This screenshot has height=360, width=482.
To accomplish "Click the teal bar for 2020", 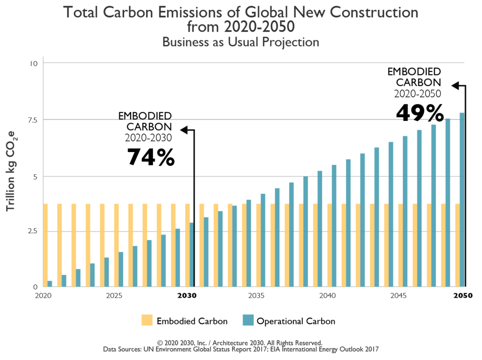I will pyautogui.click(x=50, y=283).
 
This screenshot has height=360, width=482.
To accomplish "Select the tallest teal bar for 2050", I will pyautogui.click(x=462, y=199).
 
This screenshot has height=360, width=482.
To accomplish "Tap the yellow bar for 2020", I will pyautogui.click(x=45, y=244).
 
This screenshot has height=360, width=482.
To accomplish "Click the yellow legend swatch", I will pyautogui.click(x=147, y=320).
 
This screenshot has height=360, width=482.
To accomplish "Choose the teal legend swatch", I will pyautogui.click(x=248, y=320).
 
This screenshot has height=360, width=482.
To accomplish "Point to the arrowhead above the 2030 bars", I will pyautogui.click(x=183, y=130).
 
